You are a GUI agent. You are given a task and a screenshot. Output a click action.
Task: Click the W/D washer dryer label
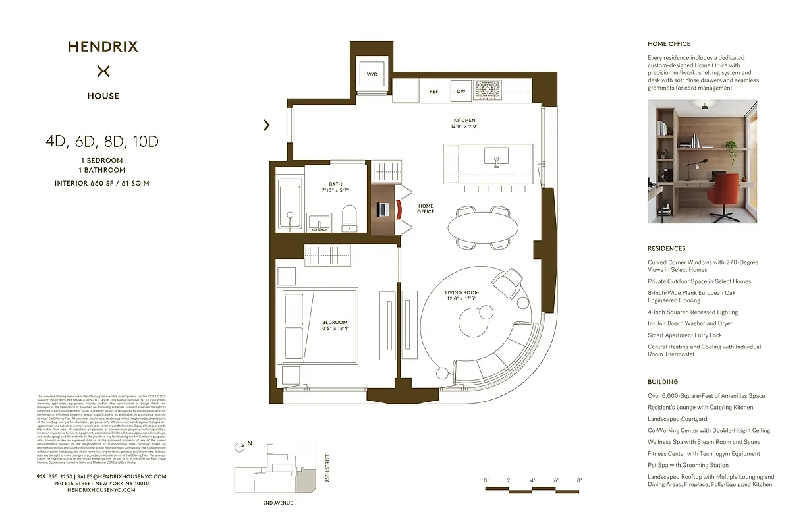372,75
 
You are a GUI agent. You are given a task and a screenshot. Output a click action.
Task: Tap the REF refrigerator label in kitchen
433,92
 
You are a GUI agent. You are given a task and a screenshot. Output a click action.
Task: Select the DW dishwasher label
461,92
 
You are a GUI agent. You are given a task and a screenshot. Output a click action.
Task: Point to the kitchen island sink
496,157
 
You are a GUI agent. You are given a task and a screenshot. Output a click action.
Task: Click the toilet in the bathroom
349,217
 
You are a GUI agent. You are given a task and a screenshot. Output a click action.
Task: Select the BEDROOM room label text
335,322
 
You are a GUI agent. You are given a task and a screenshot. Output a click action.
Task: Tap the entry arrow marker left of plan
267,125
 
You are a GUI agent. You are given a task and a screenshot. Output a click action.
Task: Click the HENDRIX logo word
103,47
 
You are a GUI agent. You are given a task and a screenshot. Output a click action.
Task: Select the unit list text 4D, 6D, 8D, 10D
102,141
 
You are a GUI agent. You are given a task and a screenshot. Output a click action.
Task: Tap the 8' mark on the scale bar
579,480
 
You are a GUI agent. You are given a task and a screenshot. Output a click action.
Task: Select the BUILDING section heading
662,382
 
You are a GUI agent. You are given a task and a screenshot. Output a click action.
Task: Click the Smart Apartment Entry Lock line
684,335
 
